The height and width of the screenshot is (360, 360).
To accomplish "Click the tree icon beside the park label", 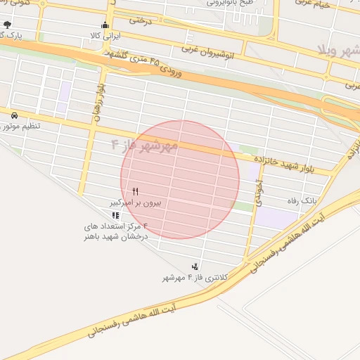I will click(x=8, y=25).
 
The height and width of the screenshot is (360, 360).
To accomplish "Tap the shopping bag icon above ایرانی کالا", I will click(x=105, y=25).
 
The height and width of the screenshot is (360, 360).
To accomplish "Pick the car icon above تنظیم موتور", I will click(x=14, y=115).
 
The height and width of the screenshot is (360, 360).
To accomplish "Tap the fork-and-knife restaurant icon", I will click(x=135, y=191).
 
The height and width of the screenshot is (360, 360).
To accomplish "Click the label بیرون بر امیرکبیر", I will click(x=139, y=202).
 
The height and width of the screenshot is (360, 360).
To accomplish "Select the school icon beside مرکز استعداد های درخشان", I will click(x=115, y=215).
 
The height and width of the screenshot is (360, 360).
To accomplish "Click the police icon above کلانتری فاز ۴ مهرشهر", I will click(x=194, y=266).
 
